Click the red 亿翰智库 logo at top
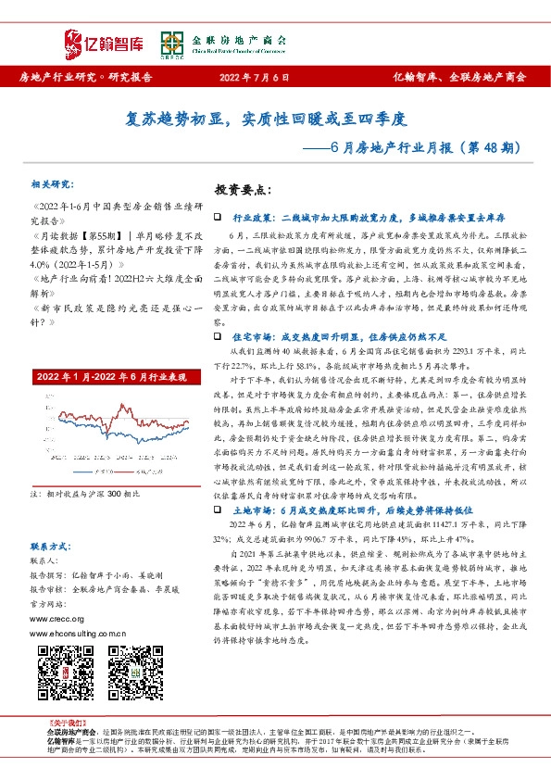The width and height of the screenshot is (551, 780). pos(105,40)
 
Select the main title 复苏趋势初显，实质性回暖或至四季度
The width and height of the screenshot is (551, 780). pos(274,120)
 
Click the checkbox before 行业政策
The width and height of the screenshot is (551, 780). pos(218,217)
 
